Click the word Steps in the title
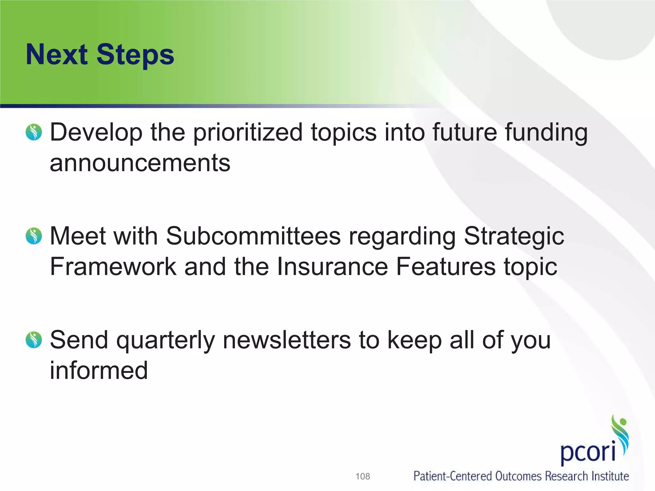[135, 55]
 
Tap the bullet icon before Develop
[34, 132]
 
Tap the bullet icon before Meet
[34, 236]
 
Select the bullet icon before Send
[34, 340]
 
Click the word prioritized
[248, 132]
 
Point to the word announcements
[140, 163]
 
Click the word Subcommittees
[253, 236]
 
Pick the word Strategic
[514, 237]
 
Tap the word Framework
[113, 266]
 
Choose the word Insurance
[332, 266]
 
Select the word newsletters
[287, 340]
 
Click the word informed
[99, 370]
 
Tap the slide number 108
[363, 476]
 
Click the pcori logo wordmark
[588, 452]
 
